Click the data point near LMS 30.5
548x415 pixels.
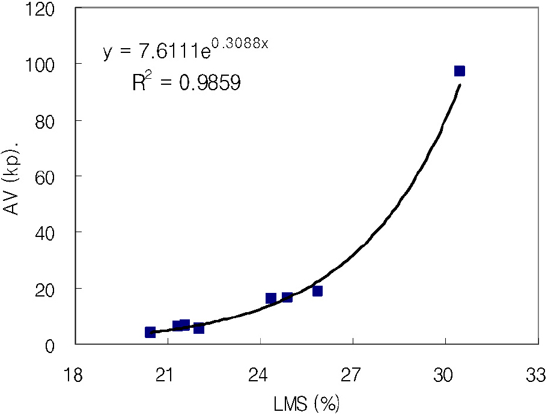(460, 71)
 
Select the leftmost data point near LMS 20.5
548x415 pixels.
(150, 332)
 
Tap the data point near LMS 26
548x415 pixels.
(317, 291)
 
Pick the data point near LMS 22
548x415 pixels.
(199, 328)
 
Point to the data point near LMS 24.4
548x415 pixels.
(271, 298)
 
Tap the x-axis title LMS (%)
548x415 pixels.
(306, 403)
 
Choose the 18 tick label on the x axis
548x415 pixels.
(75, 376)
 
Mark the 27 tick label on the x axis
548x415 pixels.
(352, 376)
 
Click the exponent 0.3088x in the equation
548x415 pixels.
(239, 44)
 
